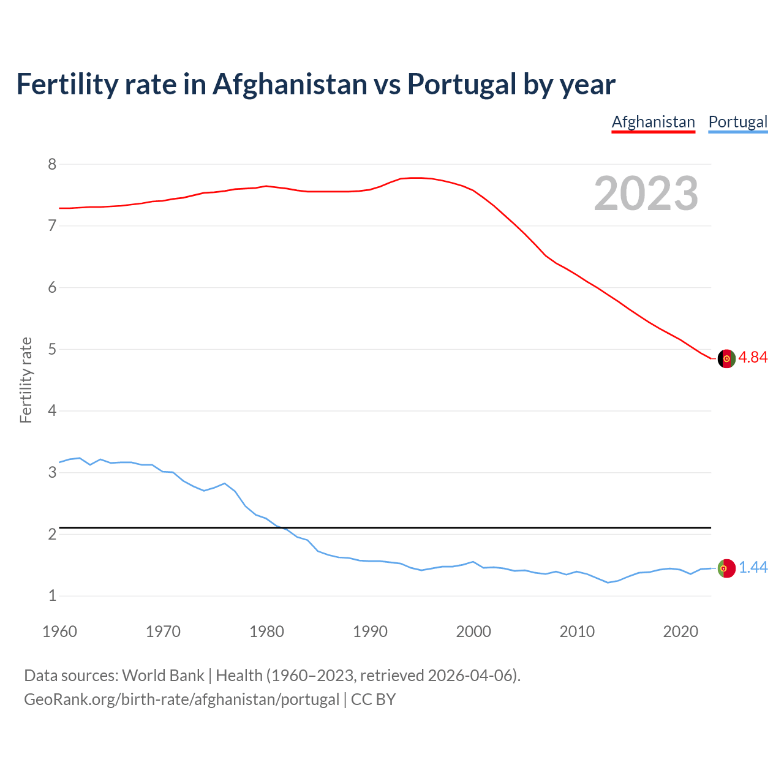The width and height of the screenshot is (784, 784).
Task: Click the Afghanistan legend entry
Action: click(x=653, y=122)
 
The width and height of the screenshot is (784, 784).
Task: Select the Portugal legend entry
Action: click(x=737, y=122)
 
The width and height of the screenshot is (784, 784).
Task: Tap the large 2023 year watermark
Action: click(x=646, y=194)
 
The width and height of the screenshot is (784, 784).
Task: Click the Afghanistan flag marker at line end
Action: click(x=726, y=359)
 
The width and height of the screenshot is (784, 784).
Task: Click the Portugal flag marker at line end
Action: click(x=726, y=568)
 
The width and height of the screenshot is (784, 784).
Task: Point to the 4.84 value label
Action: click(x=753, y=358)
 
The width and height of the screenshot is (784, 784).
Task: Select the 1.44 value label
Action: click(x=753, y=568)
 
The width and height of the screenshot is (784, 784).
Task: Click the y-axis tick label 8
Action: click(x=52, y=164)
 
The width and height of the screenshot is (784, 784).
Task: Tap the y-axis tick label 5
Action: click(x=52, y=349)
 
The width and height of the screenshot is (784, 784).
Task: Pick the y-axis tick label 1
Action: click(x=52, y=595)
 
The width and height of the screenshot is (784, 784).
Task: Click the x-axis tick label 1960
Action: click(x=59, y=631)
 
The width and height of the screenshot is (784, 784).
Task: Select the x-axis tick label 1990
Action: click(x=370, y=631)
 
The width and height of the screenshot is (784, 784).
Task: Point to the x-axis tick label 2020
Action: click(x=680, y=631)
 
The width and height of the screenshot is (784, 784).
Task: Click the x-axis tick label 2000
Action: click(x=473, y=631)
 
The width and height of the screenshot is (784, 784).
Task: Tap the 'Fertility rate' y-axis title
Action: click(x=26, y=380)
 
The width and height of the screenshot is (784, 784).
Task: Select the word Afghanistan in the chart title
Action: click(x=289, y=85)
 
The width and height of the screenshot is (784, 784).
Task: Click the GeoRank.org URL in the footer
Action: click(x=181, y=699)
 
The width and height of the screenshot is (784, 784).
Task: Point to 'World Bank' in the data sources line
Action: click(x=163, y=676)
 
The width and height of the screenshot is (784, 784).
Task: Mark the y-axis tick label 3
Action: click(x=52, y=472)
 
